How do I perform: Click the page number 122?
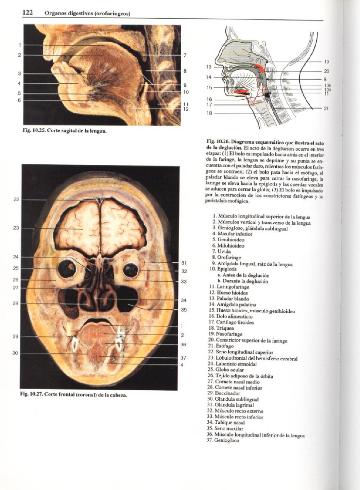[x=27, y=12]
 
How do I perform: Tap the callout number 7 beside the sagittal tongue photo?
[x=185, y=55]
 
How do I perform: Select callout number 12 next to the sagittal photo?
[x=185, y=109]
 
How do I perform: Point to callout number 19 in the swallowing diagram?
[x=326, y=62]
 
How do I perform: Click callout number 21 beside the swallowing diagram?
[x=326, y=108]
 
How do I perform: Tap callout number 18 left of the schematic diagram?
[x=209, y=113]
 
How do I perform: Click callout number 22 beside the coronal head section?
[x=16, y=199]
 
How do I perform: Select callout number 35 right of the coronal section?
[x=184, y=309]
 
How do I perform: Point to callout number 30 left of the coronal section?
[x=15, y=353]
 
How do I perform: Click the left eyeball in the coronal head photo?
[x=67, y=269]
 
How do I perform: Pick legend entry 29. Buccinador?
[x=225, y=393]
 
